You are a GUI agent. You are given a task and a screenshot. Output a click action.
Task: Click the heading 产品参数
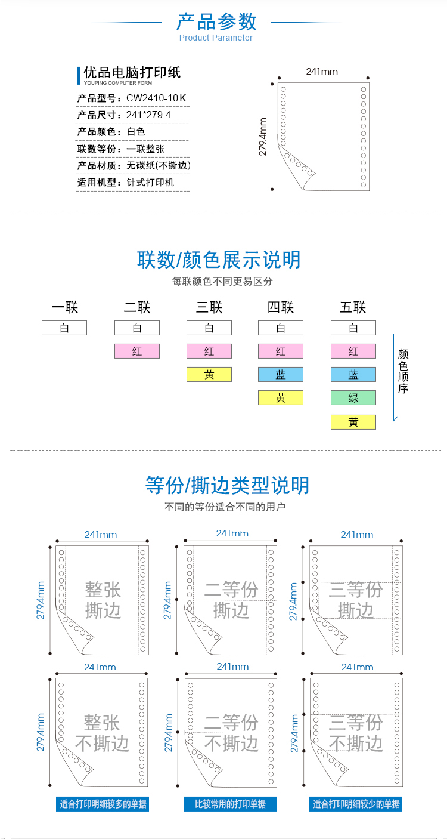(216, 21)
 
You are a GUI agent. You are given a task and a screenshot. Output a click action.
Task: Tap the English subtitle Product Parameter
(216, 38)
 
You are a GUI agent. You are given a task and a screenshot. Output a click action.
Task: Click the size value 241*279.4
(148, 115)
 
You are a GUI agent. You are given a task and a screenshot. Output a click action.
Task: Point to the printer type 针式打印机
(150, 182)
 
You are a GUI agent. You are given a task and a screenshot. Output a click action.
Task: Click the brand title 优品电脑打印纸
(132, 73)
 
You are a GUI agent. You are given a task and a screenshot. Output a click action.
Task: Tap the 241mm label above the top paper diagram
(322, 72)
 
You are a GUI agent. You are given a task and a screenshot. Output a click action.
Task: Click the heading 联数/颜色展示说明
(219, 260)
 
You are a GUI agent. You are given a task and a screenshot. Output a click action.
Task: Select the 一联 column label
(64, 307)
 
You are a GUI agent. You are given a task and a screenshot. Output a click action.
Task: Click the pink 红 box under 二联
(137, 351)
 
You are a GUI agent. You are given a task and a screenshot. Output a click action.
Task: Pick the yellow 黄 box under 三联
(209, 375)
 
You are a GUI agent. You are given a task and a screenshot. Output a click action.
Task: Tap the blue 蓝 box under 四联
(281, 375)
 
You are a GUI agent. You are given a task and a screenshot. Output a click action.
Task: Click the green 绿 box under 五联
(353, 398)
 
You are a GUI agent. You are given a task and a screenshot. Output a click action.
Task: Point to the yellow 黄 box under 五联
(353, 422)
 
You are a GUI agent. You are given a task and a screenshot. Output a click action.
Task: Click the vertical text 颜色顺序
(403, 371)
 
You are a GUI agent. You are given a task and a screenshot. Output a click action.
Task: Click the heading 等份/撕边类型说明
(227, 485)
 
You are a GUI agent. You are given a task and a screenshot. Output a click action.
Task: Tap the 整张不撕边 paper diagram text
(102, 733)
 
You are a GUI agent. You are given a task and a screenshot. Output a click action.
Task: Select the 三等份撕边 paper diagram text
(355, 600)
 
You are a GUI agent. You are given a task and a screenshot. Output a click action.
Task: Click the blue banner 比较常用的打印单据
(231, 804)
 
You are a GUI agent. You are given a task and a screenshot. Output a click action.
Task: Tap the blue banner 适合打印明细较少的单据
(356, 804)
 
